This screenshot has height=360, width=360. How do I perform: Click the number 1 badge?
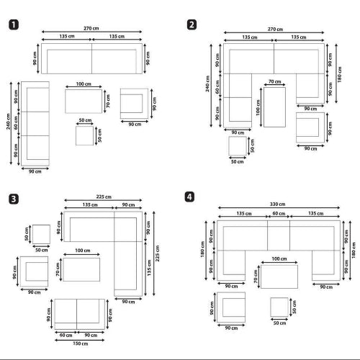coord(14,25)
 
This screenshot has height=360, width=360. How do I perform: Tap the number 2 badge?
coord(192,24)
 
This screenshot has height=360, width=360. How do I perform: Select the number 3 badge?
coord(14,199)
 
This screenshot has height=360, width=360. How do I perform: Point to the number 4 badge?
coord(189,197)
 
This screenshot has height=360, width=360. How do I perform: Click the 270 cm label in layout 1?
coord(91,28)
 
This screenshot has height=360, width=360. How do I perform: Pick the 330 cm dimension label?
coord(277,204)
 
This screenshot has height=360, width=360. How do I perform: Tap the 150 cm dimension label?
coord(81,343)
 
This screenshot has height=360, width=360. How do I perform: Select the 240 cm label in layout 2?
coord(207,84)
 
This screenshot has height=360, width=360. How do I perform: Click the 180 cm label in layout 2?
coord(339,74)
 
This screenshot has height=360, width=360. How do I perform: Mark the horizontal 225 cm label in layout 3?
coord(104,197)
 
